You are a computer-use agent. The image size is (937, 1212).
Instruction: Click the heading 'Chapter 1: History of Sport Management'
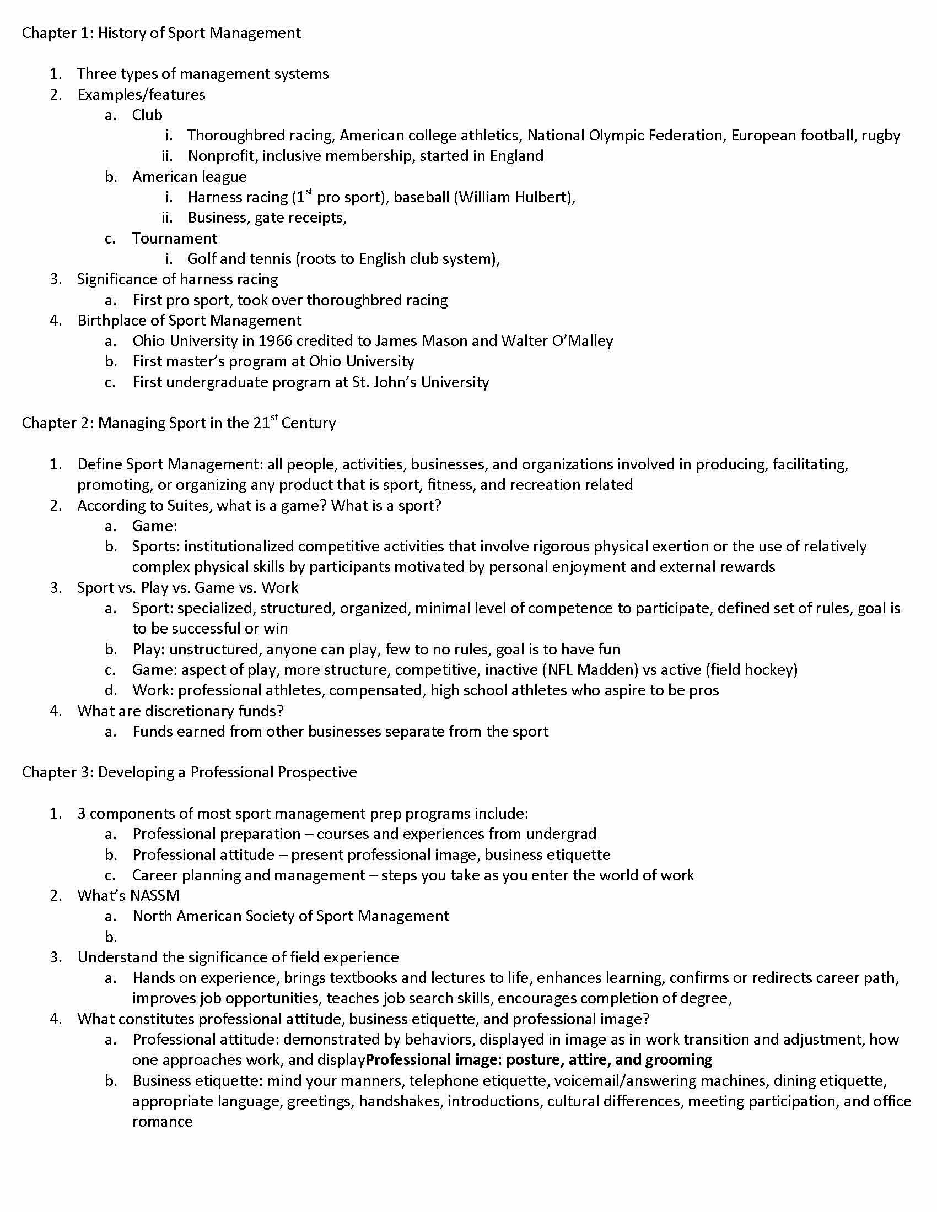161,33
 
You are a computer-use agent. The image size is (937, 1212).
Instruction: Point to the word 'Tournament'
174,238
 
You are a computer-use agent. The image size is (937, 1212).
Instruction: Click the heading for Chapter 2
179,423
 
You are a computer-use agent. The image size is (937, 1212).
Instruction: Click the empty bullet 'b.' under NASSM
111,937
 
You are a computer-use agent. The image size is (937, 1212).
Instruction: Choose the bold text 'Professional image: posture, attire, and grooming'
539,1060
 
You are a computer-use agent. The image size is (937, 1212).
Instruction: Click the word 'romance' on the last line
162,1122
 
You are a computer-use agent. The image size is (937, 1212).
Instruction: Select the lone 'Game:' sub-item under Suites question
154,526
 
